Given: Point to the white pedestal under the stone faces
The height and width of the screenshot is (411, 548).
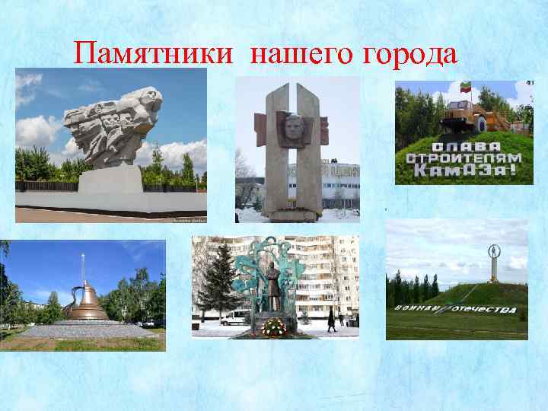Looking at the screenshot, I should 110,179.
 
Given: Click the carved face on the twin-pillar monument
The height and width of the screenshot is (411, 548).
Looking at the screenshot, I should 295,126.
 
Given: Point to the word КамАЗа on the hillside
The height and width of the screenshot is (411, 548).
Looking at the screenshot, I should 463,171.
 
